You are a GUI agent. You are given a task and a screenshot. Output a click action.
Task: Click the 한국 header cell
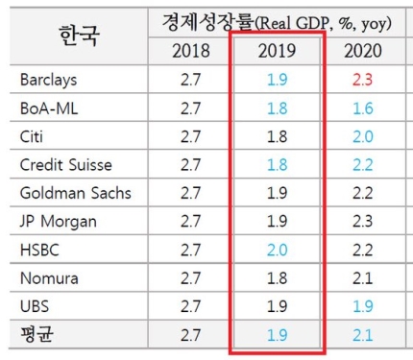point(79,36)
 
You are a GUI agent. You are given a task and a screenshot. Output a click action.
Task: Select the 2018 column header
point(191,51)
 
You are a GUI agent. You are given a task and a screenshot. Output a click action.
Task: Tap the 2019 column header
point(277,51)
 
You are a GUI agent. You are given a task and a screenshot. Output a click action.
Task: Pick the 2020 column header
point(363,51)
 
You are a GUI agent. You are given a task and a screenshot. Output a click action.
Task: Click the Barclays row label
point(48,80)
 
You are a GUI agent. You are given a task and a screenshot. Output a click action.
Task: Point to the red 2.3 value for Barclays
point(363,80)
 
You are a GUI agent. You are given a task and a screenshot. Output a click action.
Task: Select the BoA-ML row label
point(49,108)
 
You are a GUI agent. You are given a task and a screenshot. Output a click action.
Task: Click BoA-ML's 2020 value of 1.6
point(363,108)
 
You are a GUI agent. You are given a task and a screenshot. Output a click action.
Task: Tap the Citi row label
point(32,136)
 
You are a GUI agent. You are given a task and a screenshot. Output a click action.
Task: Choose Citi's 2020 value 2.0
point(363,136)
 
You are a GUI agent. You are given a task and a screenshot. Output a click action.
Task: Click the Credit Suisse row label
point(66,165)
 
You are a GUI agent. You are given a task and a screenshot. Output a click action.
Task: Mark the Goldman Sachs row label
point(76,193)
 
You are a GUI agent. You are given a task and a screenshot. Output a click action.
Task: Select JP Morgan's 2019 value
point(278,221)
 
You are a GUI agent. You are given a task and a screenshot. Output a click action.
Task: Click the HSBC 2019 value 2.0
point(278,250)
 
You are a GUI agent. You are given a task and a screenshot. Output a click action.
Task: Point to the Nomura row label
point(49,278)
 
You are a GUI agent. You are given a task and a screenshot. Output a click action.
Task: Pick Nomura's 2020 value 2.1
point(363,278)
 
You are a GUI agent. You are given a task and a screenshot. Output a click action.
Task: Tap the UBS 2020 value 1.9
point(363,306)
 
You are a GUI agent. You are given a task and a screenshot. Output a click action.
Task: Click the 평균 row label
point(36,334)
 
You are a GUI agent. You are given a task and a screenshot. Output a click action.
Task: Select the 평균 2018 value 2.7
point(191,335)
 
